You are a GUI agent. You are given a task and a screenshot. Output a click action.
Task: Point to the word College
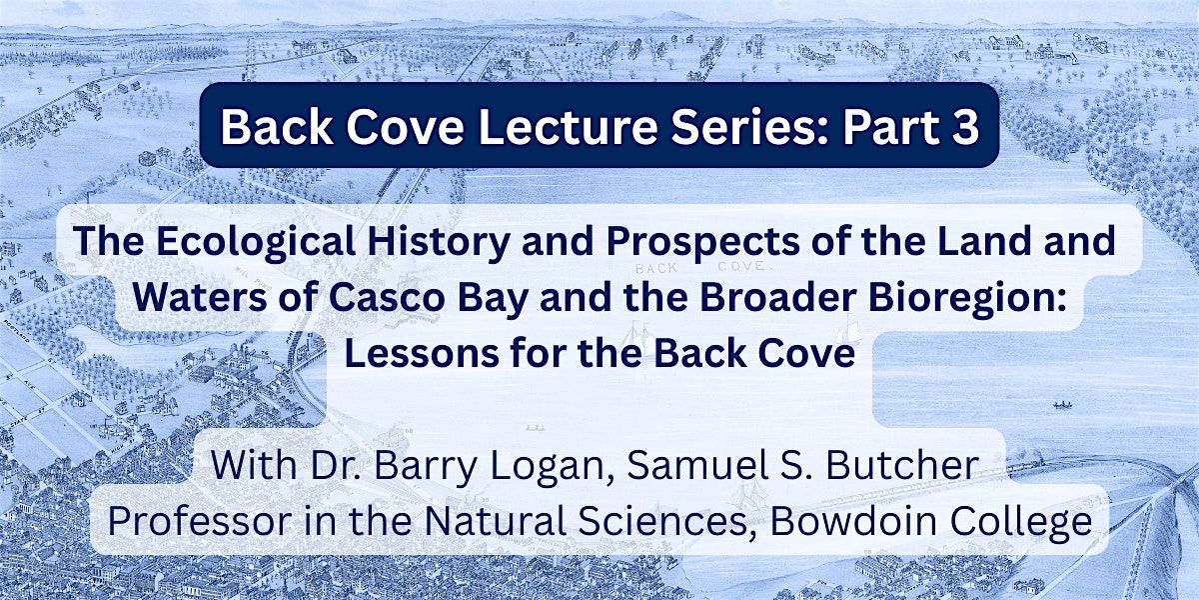1031,521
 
